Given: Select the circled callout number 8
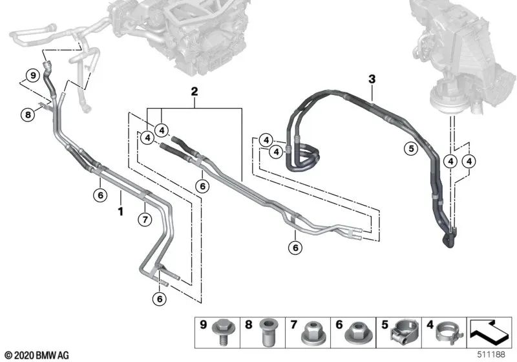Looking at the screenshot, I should [x=26, y=115].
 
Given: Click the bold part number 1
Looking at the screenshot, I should [x=120, y=211].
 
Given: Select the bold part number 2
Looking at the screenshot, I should [x=194, y=92].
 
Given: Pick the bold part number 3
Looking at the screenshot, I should [x=372, y=80].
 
